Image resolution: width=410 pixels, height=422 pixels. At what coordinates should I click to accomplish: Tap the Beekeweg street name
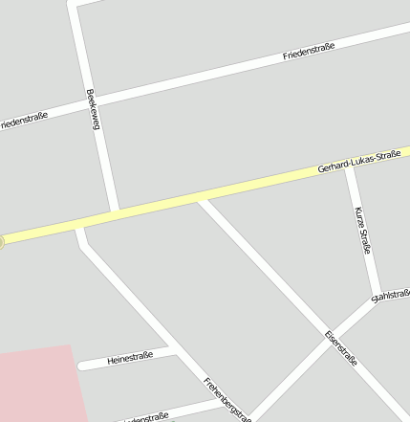point(93,110)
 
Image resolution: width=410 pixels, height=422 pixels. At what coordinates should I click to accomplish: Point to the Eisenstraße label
point(340,349)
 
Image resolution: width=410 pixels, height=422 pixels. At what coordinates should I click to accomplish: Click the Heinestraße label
point(131,359)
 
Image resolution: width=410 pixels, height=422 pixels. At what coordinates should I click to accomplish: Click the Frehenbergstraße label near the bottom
point(227,399)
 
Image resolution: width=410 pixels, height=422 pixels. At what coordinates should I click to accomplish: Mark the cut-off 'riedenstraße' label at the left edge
point(24,119)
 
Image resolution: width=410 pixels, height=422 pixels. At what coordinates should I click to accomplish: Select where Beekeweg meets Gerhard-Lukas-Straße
point(114,212)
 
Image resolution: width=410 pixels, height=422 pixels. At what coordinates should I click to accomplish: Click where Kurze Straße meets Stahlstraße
point(379,299)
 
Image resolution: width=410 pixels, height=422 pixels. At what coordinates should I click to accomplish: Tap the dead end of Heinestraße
point(80,366)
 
